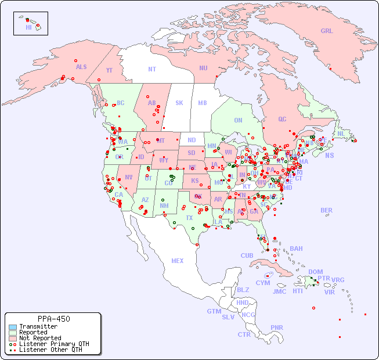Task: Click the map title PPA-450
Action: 53,319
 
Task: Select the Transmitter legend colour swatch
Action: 12,326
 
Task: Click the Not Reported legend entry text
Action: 39,338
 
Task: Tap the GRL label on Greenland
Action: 327,31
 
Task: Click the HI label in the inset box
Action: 28,27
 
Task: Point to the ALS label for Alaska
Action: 81,67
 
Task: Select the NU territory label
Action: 203,68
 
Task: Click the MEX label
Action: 178,261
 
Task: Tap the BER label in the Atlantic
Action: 326,210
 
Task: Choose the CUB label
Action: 247,255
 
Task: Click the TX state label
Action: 189,218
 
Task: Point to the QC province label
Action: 282,119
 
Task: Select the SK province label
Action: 179,103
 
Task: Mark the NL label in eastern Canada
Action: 341,133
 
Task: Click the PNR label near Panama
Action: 277,327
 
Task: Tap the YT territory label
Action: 109,71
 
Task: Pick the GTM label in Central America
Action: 214,311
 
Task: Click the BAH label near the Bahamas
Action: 296,249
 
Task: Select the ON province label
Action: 238,120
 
